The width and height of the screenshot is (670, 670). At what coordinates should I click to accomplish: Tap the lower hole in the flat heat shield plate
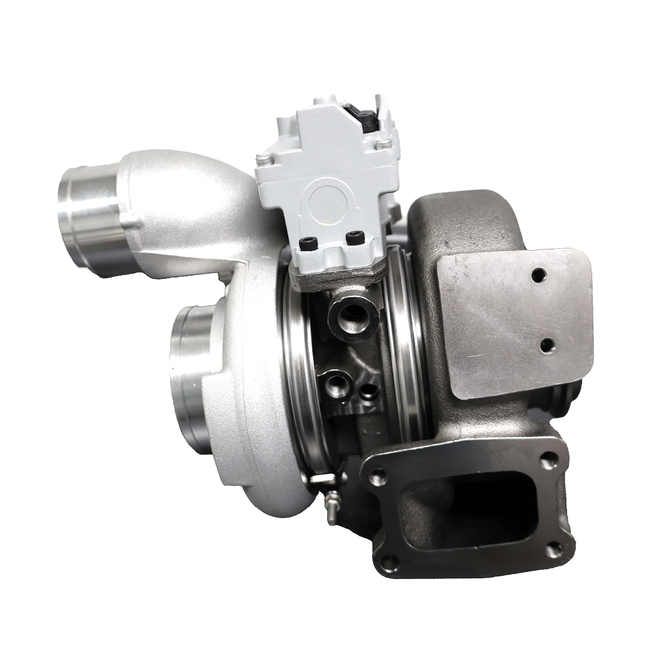tap(547, 344)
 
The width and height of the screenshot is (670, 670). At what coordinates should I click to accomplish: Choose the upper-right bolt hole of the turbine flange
tap(551, 460)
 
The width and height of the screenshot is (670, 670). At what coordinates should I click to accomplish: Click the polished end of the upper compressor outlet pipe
tap(88, 217)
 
